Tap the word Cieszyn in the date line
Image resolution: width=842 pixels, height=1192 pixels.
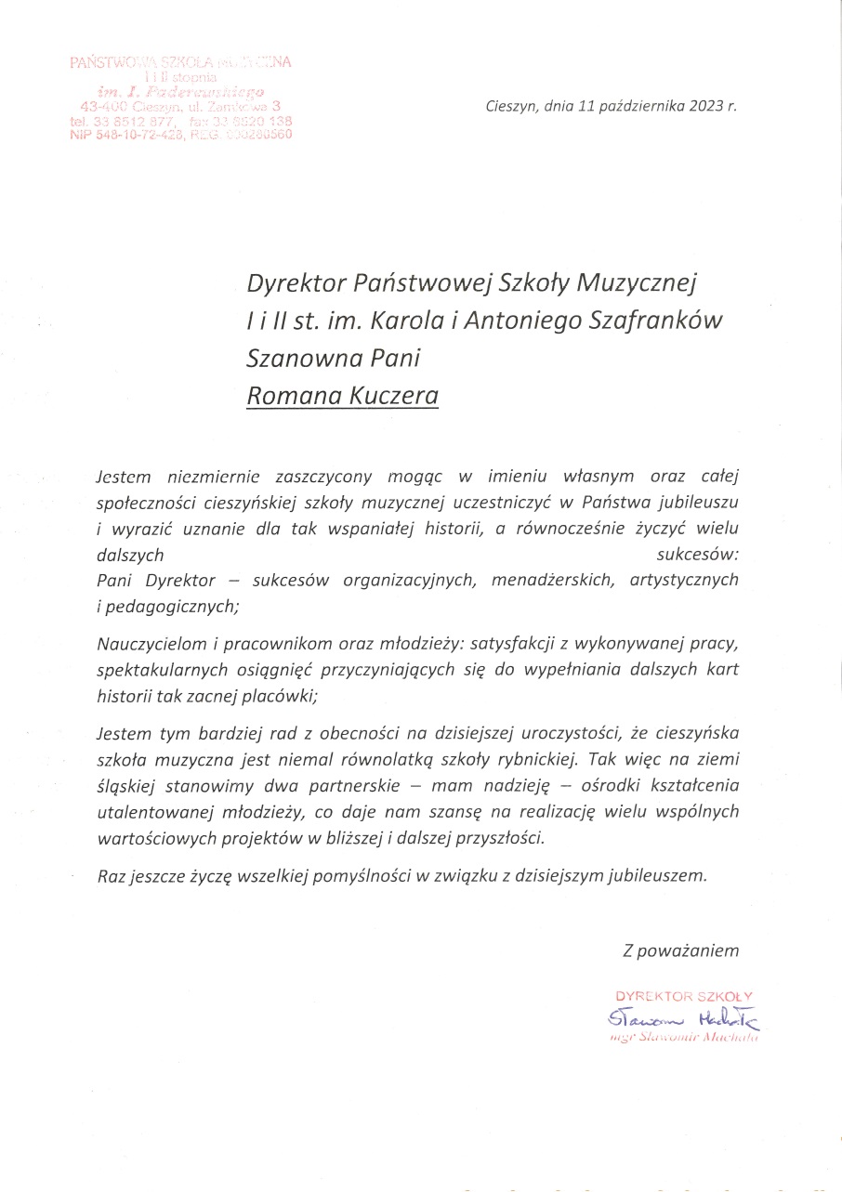coord(510,105)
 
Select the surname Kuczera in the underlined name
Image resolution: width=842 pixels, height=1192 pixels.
coord(393,397)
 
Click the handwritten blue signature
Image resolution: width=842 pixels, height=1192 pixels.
coord(684,1019)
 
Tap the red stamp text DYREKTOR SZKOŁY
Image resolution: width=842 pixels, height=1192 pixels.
coord(684,997)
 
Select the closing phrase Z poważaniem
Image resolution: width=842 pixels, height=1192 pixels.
coord(681,950)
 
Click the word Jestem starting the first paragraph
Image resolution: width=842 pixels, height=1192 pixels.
coord(124,477)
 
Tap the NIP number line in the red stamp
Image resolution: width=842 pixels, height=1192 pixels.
coord(180,134)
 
